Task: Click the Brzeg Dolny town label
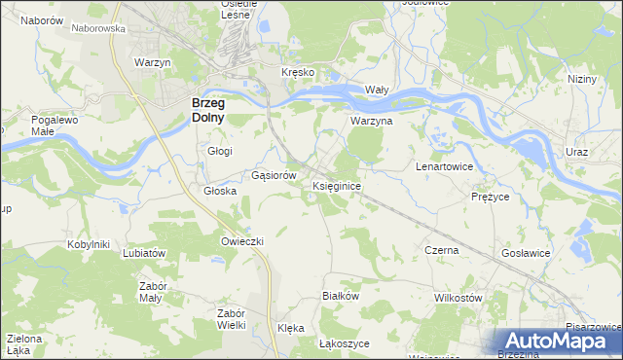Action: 207,109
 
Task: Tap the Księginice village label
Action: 338,185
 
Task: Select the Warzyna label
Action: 371,122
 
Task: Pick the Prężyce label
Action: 491,196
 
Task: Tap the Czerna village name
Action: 442,250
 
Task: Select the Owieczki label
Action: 243,240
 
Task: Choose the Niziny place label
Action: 583,79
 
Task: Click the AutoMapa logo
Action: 559,342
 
